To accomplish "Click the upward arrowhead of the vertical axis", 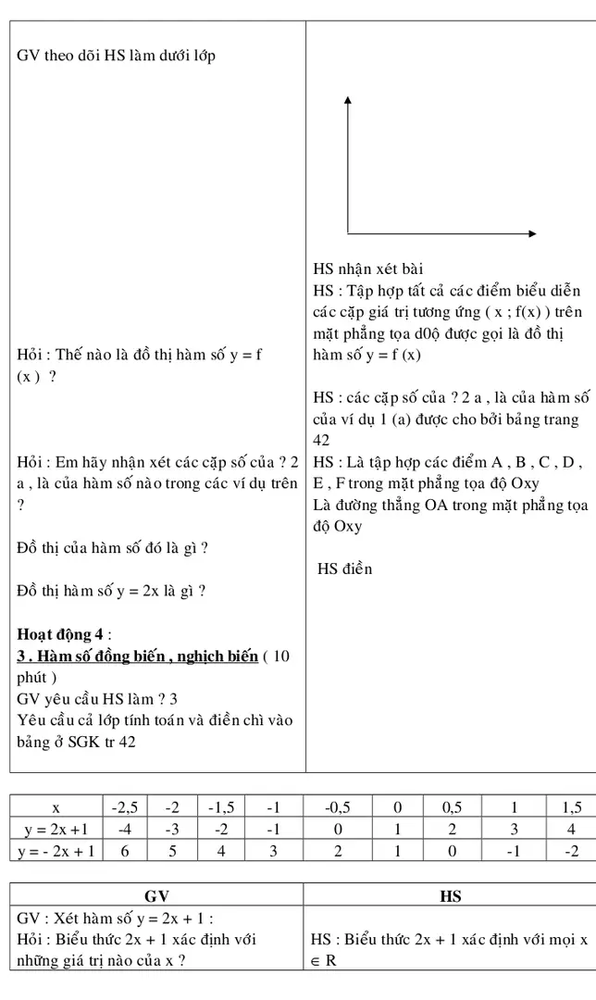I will pyautogui.click(x=348, y=100).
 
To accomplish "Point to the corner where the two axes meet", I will pyautogui.click(x=348, y=231).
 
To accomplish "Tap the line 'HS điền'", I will pyautogui.click(x=344, y=569).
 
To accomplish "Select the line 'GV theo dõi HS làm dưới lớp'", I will pyautogui.click(x=117, y=56).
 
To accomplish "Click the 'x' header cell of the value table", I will pyautogui.click(x=56, y=807).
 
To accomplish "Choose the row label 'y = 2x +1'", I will pyautogui.click(x=56, y=829).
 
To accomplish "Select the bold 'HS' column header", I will pyautogui.click(x=449, y=895).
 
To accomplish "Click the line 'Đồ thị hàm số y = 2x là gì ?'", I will pyautogui.click(x=111, y=591).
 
